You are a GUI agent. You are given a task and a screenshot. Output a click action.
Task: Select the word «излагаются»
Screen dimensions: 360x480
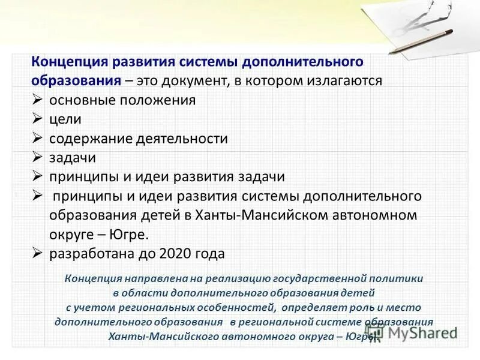(x=345, y=81)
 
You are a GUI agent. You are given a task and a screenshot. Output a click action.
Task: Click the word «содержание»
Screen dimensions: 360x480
(x=86, y=139)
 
